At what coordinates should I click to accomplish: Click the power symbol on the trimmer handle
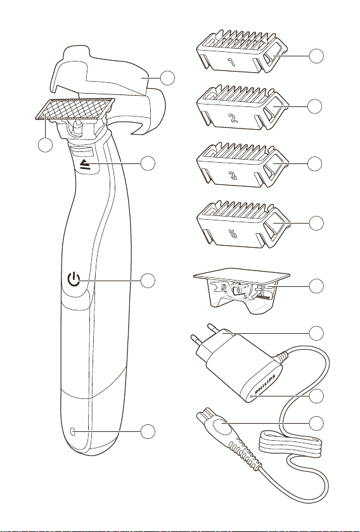74,280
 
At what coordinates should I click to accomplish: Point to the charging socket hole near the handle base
72,431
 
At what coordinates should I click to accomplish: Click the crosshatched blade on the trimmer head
75,109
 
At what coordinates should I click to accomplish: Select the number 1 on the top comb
231,62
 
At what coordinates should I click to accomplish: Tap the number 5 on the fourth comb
233,234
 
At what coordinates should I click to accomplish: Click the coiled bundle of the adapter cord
290,444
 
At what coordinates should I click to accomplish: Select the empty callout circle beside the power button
148,281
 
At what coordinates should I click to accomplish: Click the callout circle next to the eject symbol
148,163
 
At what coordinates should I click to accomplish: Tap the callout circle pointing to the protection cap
168,78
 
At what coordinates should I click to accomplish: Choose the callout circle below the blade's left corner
45,145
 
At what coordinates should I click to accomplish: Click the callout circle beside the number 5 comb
316,223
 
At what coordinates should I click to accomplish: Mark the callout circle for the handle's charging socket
148,431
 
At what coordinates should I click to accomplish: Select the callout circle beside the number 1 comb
316,56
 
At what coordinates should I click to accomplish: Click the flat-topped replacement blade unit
242,291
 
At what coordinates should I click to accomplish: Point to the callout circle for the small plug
316,423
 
